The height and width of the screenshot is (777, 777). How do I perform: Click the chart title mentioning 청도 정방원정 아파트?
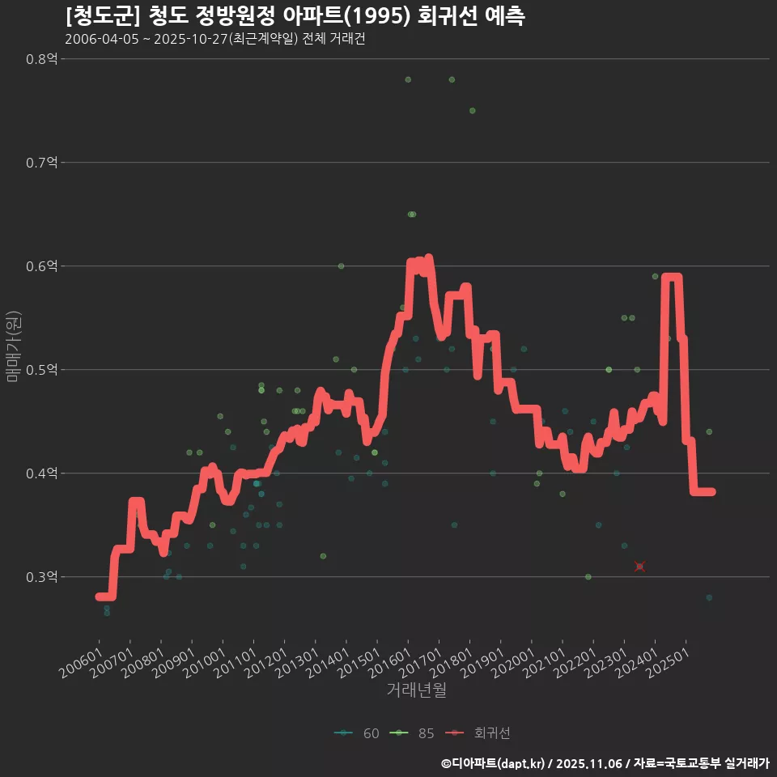[295, 16]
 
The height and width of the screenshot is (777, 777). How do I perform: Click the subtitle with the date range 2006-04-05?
[214, 40]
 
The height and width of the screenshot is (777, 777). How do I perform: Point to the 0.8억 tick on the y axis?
[42, 59]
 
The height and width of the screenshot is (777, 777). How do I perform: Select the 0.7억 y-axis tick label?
[42, 163]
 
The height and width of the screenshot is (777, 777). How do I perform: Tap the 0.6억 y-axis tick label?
[42, 266]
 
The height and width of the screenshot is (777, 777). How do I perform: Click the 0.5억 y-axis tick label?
[42, 370]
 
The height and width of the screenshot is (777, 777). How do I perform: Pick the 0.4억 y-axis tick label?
[42, 473]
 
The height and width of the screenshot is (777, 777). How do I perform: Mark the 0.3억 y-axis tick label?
[42, 577]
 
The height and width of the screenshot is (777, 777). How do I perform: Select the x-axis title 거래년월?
[416, 690]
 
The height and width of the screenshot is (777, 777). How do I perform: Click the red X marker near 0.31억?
[639, 567]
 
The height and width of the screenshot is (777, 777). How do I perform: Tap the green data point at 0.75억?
[472, 111]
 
